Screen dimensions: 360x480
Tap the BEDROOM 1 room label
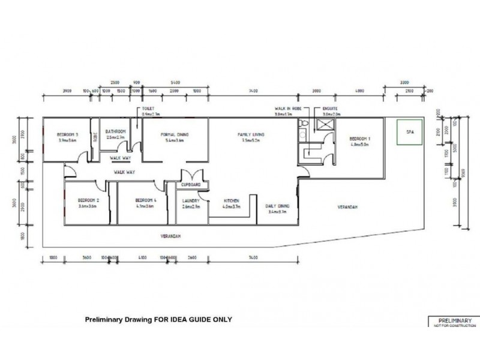tap(361, 139)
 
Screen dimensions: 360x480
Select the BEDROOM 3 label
tap(68, 134)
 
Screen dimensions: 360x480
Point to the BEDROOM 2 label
tap(89, 200)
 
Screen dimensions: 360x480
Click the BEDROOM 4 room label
tap(146, 200)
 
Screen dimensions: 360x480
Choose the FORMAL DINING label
tap(174, 134)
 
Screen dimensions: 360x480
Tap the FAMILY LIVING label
tap(251, 134)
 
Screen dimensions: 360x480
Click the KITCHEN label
tap(232, 200)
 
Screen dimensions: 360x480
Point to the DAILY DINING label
tap(277, 205)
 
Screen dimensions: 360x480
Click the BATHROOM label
tap(115, 131)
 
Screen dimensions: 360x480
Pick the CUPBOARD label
tap(191, 185)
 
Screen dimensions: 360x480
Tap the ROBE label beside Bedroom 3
tap(95, 137)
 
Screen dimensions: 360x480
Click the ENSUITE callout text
tap(331, 108)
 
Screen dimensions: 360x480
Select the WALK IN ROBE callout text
tap(283, 108)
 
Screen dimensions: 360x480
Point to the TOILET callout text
tap(148, 108)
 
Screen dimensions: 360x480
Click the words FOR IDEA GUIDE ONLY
tap(194, 319)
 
